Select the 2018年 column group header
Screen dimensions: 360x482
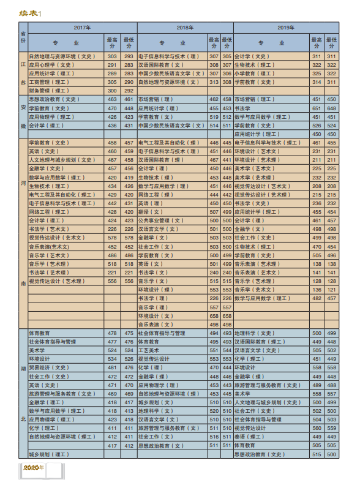coord(185,28)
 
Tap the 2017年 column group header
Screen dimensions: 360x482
coord(82,28)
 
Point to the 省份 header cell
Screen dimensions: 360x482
coord(23,37)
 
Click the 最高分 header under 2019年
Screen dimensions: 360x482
coord(317,43)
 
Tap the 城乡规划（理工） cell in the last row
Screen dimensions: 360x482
coord(50,455)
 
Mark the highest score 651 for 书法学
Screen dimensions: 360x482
coord(317,108)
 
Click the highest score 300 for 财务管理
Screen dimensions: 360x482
coord(112,91)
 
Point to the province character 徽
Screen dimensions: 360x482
coord(23,126)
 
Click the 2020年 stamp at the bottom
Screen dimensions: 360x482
coord(34,467)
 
